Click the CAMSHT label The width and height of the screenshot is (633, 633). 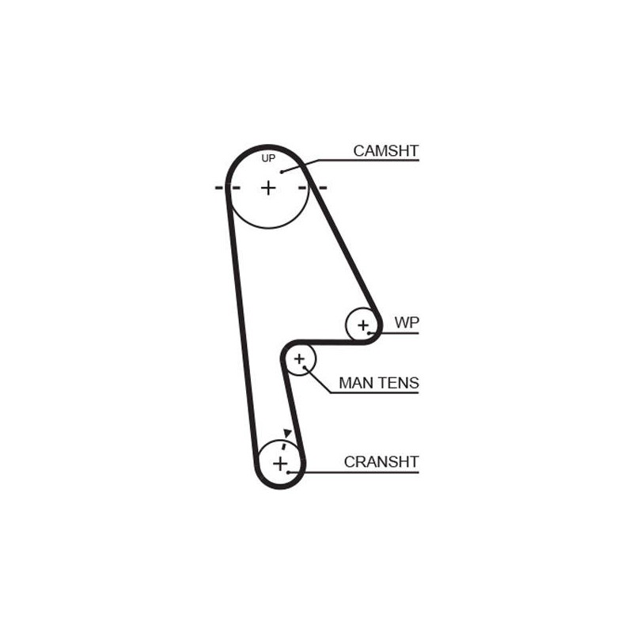pyautogui.click(x=385, y=150)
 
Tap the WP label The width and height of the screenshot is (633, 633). pyautogui.click(x=407, y=322)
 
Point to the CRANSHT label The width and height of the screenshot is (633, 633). pyautogui.click(x=381, y=462)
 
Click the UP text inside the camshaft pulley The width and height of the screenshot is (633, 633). pyautogui.click(x=268, y=158)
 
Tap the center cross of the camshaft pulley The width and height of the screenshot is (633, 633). pyautogui.click(x=268, y=188)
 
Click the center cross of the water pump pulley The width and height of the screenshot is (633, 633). pyautogui.click(x=363, y=325)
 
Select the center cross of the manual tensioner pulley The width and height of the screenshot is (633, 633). pyautogui.click(x=299, y=359)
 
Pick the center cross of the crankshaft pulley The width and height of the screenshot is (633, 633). pyautogui.click(x=280, y=464)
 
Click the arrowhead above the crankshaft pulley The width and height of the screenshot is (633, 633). pyautogui.click(x=287, y=433)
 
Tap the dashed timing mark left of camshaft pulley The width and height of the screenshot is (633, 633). pyautogui.click(x=227, y=188)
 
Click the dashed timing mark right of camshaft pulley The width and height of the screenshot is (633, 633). pyautogui.click(x=312, y=188)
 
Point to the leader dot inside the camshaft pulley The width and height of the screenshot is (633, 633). pyautogui.click(x=282, y=172)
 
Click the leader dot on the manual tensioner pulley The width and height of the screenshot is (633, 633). pyautogui.click(x=305, y=367)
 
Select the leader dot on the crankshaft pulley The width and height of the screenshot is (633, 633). pyautogui.click(x=288, y=472)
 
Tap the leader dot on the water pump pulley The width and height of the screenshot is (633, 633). pyautogui.click(x=369, y=333)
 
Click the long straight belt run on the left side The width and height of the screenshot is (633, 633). pyautogui.click(x=242, y=323)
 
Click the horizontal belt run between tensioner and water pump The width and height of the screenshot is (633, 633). pyautogui.click(x=330, y=343)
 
